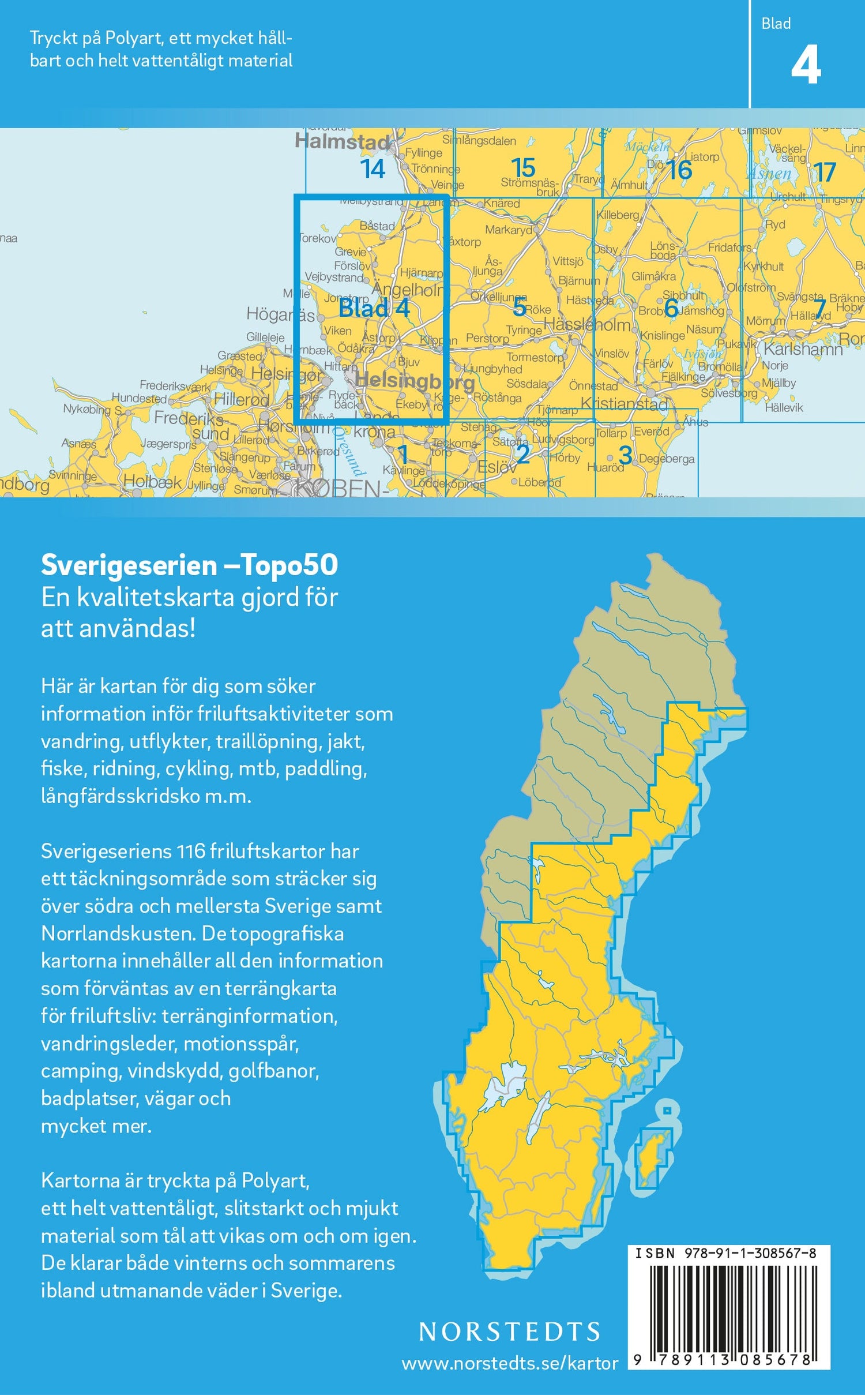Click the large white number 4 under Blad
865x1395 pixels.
tap(806, 66)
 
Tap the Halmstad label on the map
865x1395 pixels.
tap(343, 141)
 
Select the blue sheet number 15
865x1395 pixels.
tap(523, 168)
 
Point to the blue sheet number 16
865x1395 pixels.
tap(679, 170)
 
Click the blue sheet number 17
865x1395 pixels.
tap(825, 172)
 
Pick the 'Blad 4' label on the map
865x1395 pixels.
tap(374, 308)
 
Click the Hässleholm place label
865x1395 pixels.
tap(587, 324)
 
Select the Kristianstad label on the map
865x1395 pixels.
tap(624, 403)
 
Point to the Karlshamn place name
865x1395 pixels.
tap(803, 349)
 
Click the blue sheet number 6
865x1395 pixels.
tap(671, 308)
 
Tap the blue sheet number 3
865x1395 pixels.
tap(625, 455)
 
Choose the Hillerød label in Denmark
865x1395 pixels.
tap(241, 399)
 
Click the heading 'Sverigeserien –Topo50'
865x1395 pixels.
tap(189, 565)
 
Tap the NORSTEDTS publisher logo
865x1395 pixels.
tap(510, 1332)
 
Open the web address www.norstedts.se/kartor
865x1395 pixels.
tap(510, 1363)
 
